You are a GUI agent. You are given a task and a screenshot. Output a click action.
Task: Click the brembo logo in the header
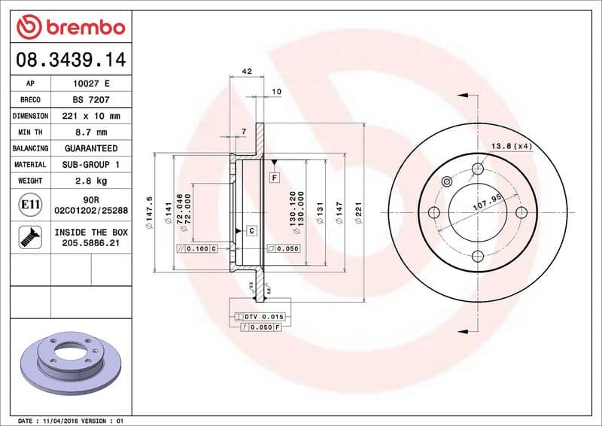click(71, 28)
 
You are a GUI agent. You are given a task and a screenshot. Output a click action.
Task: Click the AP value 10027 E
click(90, 84)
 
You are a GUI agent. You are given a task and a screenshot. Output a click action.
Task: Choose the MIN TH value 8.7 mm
click(90, 132)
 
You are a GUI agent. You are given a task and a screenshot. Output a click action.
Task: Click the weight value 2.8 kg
click(90, 181)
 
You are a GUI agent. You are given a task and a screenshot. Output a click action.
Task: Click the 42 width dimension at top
click(246, 72)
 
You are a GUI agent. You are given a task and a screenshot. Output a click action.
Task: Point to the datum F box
click(275, 178)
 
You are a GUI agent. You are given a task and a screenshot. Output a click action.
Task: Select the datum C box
click(251, 230)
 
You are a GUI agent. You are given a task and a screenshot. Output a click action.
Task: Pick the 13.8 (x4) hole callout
click(512, 145)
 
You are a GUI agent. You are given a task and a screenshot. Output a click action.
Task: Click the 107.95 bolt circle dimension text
click(487, 202)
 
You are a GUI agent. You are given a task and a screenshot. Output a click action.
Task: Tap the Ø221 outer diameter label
click(360, 206)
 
